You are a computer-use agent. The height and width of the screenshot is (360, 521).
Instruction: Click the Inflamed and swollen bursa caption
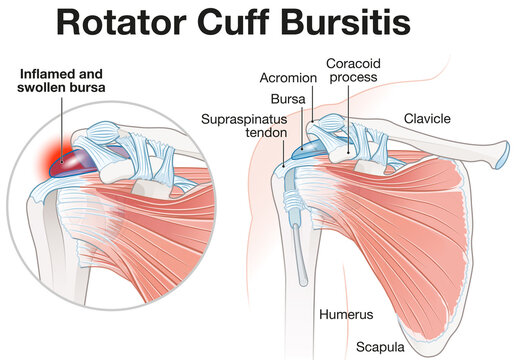click(x=62, y=82)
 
